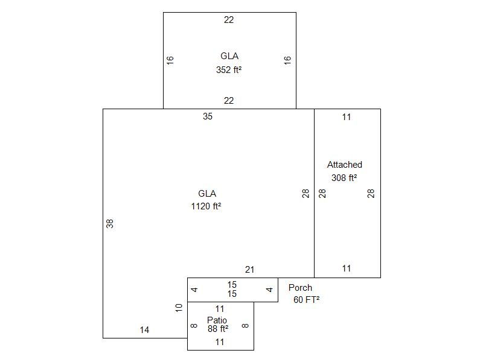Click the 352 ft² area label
click(x=229, y=70)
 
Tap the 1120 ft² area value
click(x=206, y=206)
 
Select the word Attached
click(x=344, y=165)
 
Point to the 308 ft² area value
click(x=344, y=178)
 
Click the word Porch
click(x=300, y=288)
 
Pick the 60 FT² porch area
click(x=307, y=300)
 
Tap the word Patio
click(x=217, y=320)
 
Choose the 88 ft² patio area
click(x=218, y=329)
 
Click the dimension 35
click(x=208, y=116)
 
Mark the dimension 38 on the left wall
click(x=110, y=223)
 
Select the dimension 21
click(x=249, y=270)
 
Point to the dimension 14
click(x=144, y=330)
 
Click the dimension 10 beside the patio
click(x=179, y=308)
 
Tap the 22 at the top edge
click(x=229, y=20)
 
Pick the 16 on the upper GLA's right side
click(x=287, y=60)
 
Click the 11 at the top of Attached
click(x=347, y=117)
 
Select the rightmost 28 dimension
click(x=371, y=193)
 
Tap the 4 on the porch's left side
click(x=194, y=290)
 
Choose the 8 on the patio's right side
click(x=245, y=326)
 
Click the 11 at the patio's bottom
click(x=220, y=342)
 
